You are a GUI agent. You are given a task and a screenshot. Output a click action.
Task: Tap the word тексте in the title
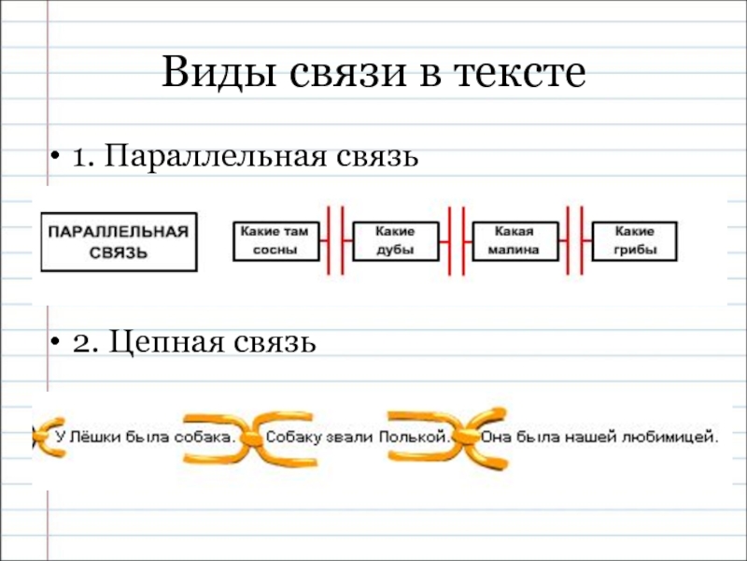coord(515,73)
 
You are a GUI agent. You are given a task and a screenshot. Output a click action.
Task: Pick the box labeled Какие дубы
coord(395,240)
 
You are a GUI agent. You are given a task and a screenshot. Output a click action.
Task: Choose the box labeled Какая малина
coord(515,240)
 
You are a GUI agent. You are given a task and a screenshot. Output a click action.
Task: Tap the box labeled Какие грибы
coord(635,240)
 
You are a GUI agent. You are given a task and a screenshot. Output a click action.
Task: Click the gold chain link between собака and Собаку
coord(249,437)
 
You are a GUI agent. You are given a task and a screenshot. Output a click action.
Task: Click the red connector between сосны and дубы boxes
coord(336,240)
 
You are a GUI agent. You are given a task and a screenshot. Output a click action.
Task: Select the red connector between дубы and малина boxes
coord(456,240)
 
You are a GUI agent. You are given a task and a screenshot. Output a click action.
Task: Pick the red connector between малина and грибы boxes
coord(575,240)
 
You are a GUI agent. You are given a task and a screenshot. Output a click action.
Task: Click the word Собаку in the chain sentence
coord(296,436)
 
